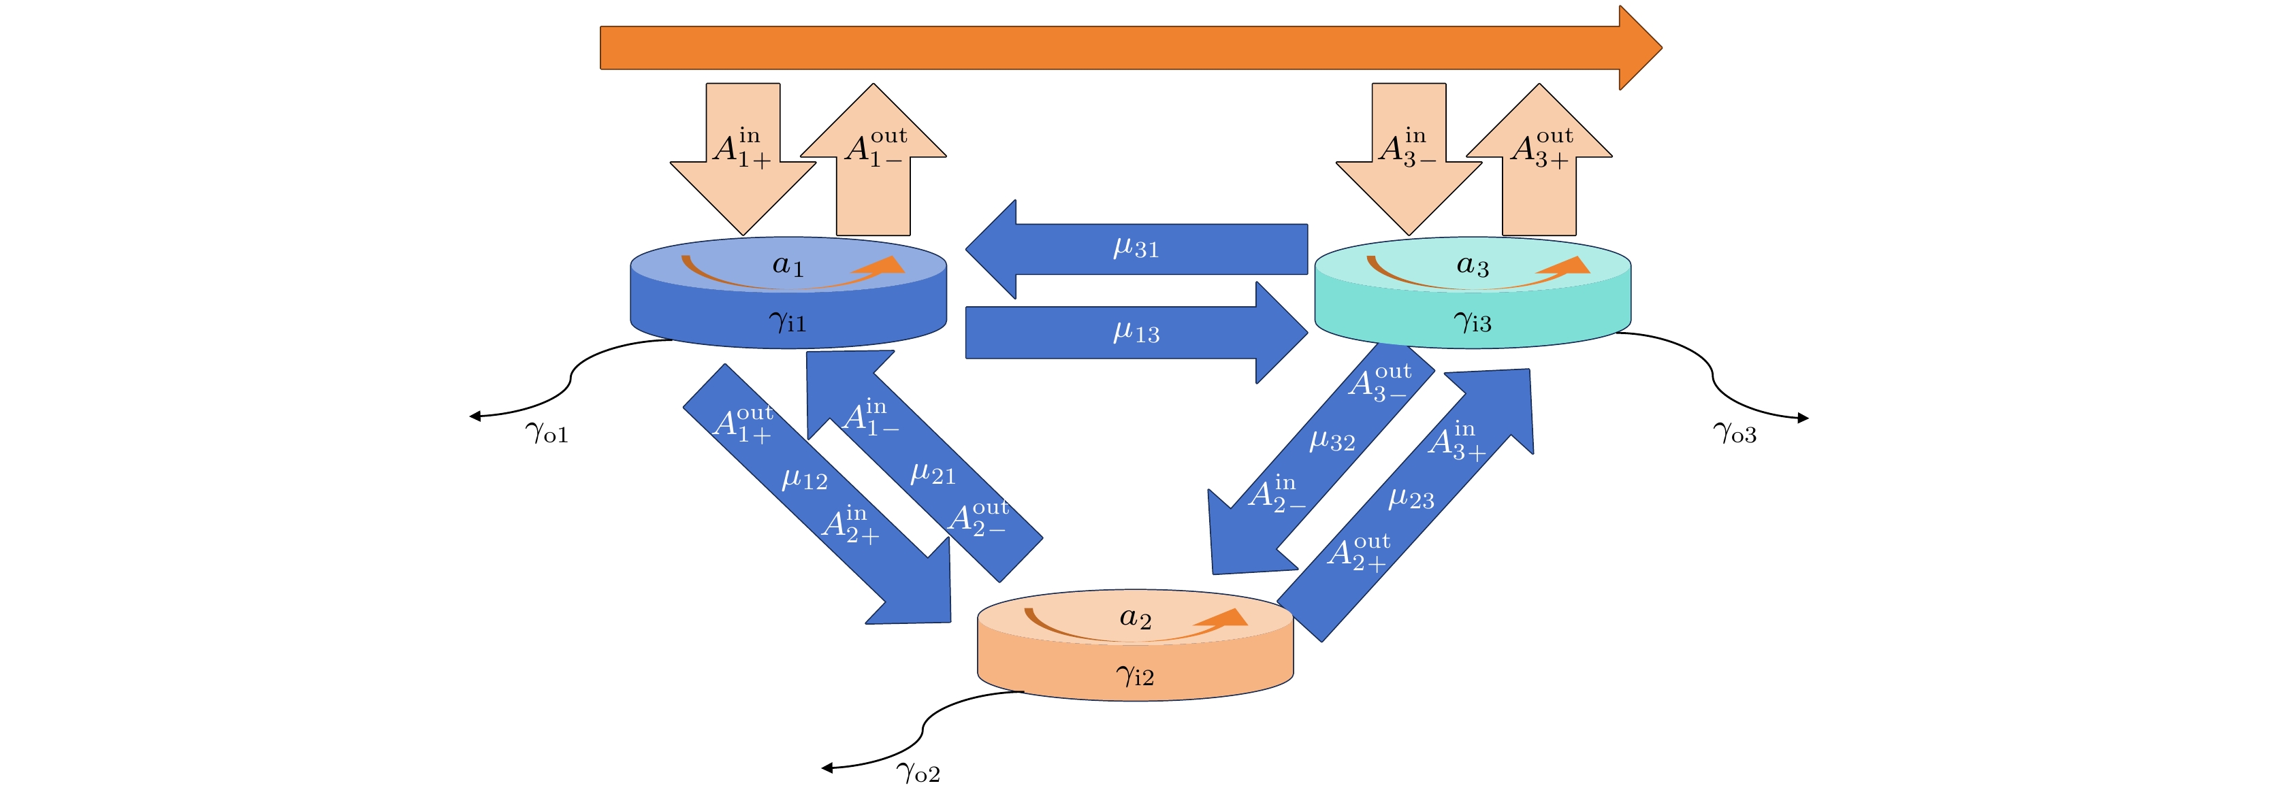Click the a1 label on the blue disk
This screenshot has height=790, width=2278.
788,265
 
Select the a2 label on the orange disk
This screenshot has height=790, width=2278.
1136,618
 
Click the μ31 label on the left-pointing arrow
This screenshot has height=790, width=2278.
1136,248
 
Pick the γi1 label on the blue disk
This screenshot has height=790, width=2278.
787,322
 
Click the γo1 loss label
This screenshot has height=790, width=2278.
547,433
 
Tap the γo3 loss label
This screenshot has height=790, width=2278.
1734,433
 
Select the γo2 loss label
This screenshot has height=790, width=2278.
918,773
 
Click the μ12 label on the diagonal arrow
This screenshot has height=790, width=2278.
805,480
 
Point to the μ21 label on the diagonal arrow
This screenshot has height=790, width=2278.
933,474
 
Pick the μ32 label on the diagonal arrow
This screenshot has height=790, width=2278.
1332,440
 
